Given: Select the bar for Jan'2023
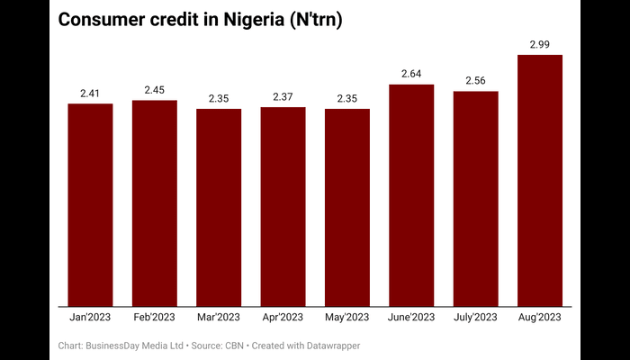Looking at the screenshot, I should [90, 205].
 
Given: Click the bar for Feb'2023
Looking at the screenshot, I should [155, 203].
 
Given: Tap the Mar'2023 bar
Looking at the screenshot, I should [219, 208].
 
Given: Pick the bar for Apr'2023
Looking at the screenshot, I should [283, 207].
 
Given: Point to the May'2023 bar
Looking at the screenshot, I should [347, 208].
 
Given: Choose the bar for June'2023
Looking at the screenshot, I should [411, 195].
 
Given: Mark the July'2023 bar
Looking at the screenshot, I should [476, 199].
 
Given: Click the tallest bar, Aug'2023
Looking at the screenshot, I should [540, 181].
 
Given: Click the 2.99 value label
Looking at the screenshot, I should [540, 44].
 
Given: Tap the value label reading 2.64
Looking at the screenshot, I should [411, 74].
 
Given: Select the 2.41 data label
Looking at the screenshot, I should [90, 93].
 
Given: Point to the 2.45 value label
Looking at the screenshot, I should [155, 89].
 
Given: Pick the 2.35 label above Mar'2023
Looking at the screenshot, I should [219, 98].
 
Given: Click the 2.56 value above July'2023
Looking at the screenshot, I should [476, 81].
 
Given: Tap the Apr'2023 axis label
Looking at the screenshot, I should [283, 318].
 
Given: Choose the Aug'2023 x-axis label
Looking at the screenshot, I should [540, 318].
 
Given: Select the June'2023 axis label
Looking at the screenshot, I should [411, 318].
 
